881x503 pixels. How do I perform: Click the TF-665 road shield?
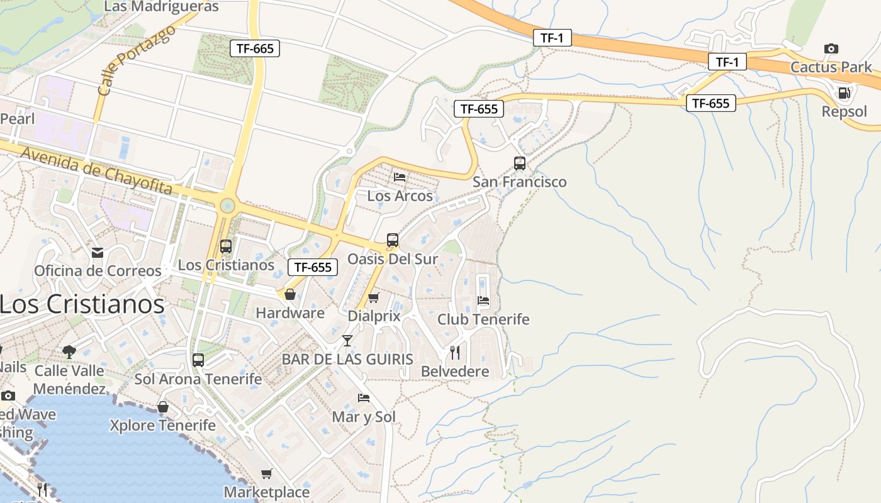(254, 48)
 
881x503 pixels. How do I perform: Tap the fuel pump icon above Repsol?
(844, 93)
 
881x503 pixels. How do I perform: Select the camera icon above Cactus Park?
(831, 48)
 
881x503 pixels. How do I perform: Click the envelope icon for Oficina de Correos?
(98, 252)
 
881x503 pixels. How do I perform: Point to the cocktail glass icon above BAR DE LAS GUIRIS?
(347, 341)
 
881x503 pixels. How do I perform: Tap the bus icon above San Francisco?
(519, 163)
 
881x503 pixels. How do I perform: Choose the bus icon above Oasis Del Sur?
(392, 240)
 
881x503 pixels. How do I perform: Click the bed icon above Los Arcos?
(400, 177)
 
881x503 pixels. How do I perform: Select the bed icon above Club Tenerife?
(483, 301)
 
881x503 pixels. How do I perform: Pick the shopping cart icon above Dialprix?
(373, 297)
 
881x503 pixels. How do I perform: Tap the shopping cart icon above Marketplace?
(267, 473)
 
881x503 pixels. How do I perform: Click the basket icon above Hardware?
(290, 294)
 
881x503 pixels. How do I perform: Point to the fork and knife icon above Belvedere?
(455, 353)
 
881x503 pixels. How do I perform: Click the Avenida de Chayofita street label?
(96, 170)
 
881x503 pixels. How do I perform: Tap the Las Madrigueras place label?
(161, 7)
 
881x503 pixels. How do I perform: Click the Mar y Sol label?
(364, 417)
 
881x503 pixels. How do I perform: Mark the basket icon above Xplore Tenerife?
(163, 407)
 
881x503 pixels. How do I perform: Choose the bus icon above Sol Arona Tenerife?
(198, 360)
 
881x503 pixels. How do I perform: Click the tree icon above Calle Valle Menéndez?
(69, 352)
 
